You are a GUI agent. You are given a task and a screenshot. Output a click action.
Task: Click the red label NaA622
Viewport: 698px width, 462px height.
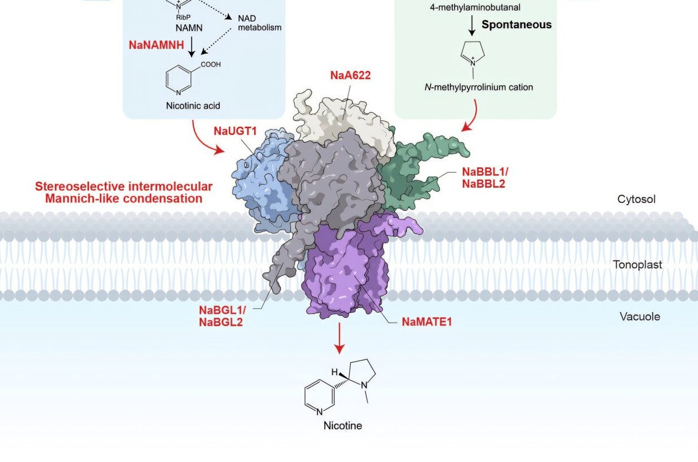click(x=350, y=75)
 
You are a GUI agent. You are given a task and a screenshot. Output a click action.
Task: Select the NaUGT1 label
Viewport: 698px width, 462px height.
click(x=235, y=131)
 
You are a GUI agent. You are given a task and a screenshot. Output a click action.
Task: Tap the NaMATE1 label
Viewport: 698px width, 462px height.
click(x=427, y=322)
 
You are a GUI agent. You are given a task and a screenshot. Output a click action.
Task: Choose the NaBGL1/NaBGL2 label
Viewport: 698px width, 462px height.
click(x=221, y=316)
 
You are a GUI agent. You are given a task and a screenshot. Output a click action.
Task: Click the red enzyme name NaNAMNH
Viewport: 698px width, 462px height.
click(x=156, y=46)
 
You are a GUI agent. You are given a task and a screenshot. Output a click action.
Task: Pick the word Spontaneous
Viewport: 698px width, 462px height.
click(x=516, y=25)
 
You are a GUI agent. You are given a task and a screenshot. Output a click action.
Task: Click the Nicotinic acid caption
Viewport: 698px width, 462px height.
click(x=193, y=105)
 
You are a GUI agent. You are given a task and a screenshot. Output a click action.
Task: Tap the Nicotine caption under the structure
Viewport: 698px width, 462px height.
click(x=342, y=425)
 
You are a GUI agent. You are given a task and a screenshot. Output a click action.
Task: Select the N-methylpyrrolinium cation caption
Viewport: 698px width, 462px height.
click(x=479, y=87)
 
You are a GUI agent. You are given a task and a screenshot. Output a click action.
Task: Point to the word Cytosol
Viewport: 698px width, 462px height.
click(x=637, y=199)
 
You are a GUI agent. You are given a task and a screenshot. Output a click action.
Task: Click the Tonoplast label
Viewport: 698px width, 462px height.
click(x=638, y=264)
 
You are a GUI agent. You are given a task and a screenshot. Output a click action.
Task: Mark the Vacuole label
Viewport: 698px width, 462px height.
click(x=639, y=317)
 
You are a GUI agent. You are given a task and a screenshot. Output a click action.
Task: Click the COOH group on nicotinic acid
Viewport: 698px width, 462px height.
click(x=210, y=65)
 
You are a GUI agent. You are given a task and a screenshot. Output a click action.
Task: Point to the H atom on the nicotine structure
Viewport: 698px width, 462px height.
click(x=334, y=372)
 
